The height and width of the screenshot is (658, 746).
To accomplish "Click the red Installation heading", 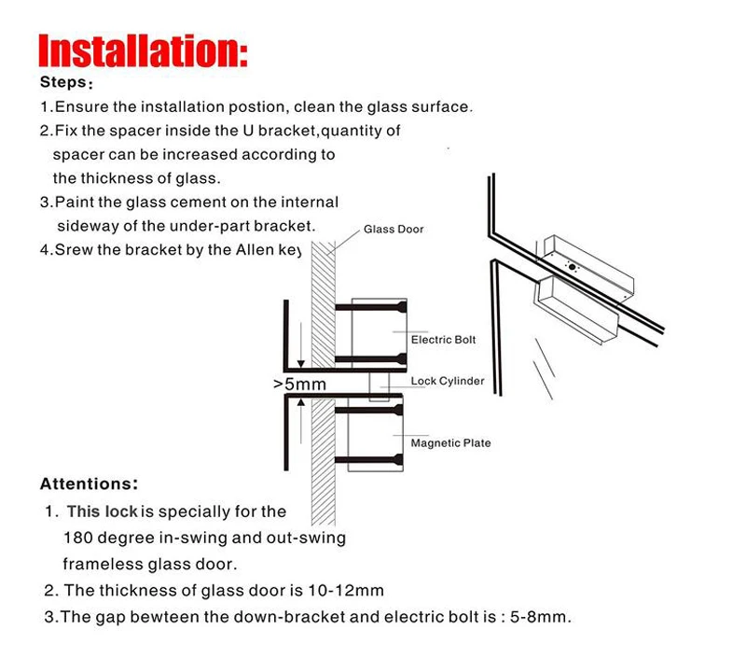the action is click(143, 50).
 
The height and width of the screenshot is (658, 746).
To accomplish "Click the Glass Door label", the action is click(394, 230).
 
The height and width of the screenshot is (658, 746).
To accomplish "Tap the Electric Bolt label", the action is click(444, 340).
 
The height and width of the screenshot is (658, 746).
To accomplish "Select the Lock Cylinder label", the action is click(448, 381).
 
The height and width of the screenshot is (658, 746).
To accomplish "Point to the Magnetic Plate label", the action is click(450, 443).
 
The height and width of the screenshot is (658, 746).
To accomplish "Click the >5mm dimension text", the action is click(299, 385).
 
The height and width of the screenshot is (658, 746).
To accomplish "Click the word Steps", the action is click(63, 82).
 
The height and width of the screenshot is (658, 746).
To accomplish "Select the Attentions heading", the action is click(89, 483).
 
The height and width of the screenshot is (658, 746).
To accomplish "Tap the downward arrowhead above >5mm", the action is click(300, 364).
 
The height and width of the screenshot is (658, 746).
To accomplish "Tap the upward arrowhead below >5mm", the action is click(300, 403).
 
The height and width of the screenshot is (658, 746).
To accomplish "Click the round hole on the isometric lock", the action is click(572, 267).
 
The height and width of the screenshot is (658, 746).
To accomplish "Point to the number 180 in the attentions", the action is click(77, 538).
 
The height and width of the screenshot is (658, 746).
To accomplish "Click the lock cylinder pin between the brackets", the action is click(380, 386).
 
